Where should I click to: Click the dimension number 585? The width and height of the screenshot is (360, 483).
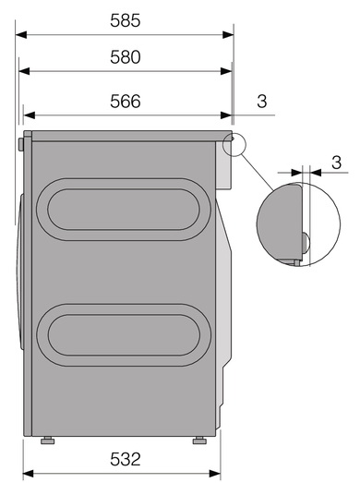pyautogui.click(x=125, y=20)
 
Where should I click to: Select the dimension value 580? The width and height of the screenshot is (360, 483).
pyautogui.click(x=125, y=57)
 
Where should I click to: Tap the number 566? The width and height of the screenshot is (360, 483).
pyautogui.click(x=125, y=102)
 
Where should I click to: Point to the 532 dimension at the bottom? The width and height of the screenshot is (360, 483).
pyautogui.click(x=125, y=459)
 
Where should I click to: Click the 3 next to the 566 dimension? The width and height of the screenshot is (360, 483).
pyautogui.click(x=262, y=102)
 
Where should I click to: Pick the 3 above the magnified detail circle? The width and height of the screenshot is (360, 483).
pyautogui.click(x=337, y=163)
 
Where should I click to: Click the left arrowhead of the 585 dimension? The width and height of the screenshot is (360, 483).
pyautogui.click(x=21, y=34)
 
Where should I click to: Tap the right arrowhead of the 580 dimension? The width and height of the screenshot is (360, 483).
pyautogui.click(x=226, y=71)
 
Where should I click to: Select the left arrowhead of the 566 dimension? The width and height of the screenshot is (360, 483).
pyautogui.click(x=29, y=115)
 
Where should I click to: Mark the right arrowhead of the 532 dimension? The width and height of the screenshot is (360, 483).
pyautogui.click(x=215, y=473)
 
